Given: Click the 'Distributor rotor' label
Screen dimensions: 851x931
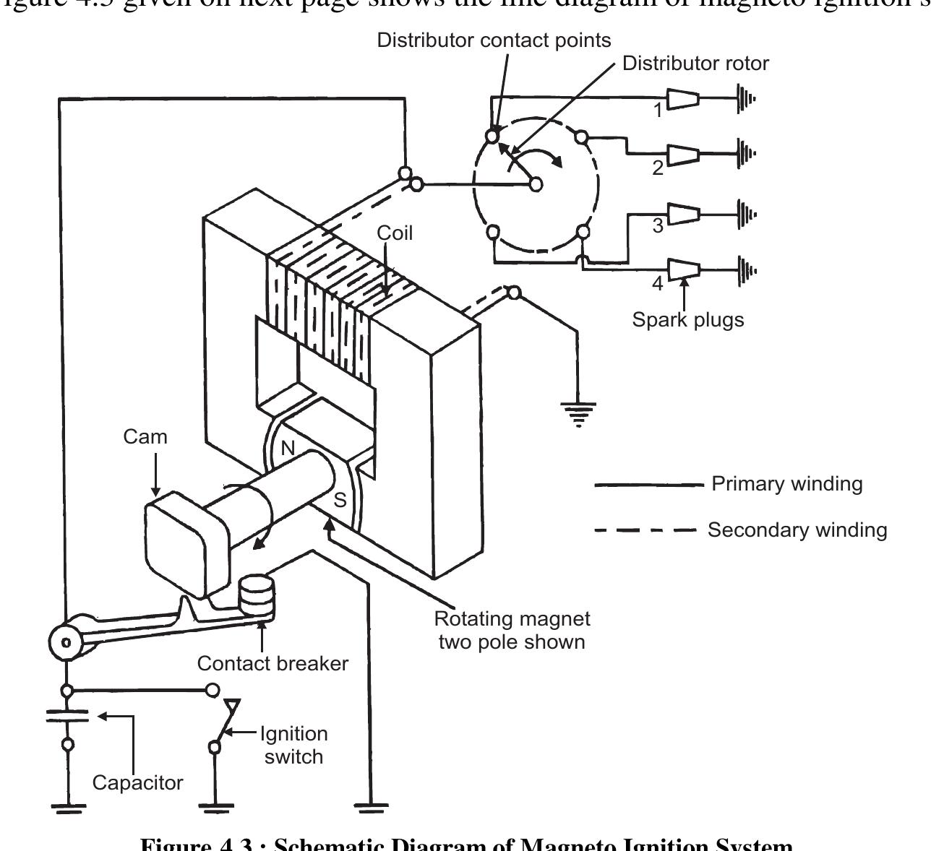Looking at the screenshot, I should click(x=695, y=64).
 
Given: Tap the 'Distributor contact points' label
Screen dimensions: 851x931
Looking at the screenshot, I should click(x=494, y=40).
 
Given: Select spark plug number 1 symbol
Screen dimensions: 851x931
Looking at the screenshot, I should click(x=682, y=98).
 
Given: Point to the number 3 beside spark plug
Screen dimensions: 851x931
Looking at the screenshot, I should click(x=658, y=226).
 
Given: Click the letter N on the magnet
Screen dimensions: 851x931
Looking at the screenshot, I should click(x=288, y=449).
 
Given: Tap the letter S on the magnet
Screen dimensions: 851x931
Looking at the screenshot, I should click(x=339, y=499).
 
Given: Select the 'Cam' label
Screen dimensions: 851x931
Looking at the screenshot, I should click(x=145, y=437).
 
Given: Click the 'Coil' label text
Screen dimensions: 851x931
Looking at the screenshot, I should click(x=395, y=233).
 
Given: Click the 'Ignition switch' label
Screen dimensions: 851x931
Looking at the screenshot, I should click(x=293, y=745).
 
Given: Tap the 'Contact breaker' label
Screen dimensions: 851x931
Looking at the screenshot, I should click(x=273, y=663).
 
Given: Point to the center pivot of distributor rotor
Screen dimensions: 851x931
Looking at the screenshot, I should click(x=536, y=184).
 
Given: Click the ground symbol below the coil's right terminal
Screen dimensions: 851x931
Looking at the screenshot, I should click(x=578, y=414).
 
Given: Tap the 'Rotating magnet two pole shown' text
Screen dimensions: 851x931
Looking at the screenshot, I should click(x=512, y=630).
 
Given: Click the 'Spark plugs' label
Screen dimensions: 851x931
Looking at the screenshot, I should click(x=687, y=319).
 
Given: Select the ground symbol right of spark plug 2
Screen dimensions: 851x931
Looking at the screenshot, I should click(x=745, y=153).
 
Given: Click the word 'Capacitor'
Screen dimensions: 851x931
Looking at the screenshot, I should click(x=138, y=782).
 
